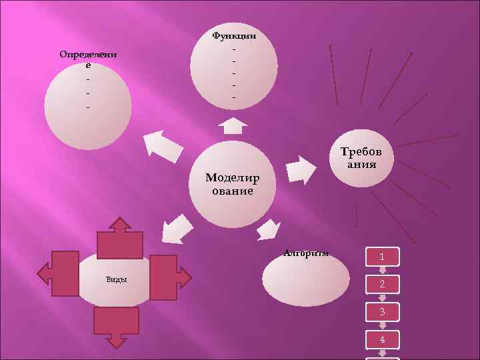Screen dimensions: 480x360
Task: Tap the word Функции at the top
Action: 233,35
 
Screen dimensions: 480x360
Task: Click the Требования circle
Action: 362,158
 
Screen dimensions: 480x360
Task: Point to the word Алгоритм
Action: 306,253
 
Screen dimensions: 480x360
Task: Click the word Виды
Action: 117,279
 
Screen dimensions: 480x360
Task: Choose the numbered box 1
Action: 382,256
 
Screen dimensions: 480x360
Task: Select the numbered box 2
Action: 382,284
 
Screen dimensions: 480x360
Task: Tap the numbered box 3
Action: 382,312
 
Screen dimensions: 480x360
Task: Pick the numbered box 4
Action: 382,339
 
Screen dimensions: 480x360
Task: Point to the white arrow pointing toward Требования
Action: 300,170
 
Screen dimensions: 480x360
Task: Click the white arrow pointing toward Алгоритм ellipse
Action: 269,229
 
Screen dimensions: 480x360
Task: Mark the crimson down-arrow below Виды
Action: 117,326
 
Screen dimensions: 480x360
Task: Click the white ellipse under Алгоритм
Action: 306,280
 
